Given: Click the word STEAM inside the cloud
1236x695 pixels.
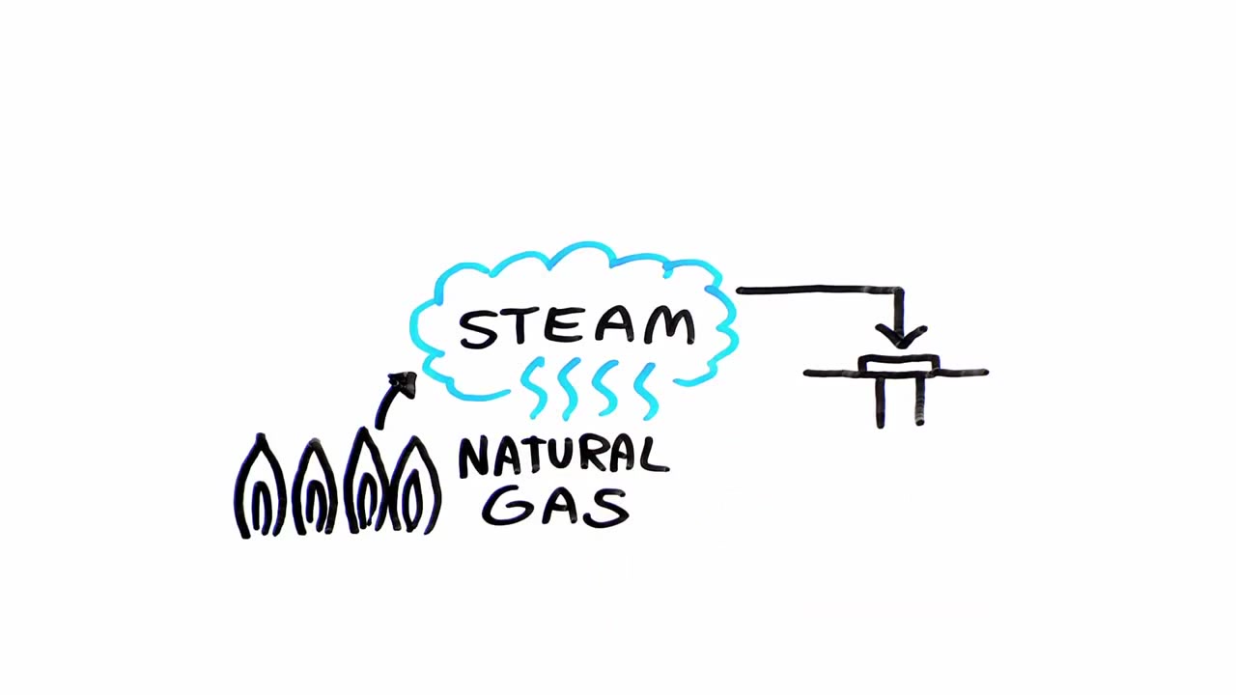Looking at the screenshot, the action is (577, 328).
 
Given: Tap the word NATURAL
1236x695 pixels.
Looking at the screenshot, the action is (564, 457).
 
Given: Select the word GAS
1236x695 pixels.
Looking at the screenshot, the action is (555, 507).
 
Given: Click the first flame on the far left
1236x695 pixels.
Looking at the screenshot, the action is (261, 486).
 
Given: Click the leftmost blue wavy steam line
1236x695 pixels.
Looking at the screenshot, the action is (534, 387).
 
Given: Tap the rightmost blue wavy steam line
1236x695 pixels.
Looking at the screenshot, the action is (645, 392).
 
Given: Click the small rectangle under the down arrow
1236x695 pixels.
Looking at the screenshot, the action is (898, 365).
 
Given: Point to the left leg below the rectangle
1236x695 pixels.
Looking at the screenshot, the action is (881, 401).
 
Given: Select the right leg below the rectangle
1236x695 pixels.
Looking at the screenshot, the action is (919, 401).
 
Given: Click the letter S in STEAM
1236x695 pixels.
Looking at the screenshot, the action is (478, 330).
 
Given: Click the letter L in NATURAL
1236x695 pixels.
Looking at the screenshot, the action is (657, 455).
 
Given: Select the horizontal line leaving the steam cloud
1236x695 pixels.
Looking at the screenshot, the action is (820, 290).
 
